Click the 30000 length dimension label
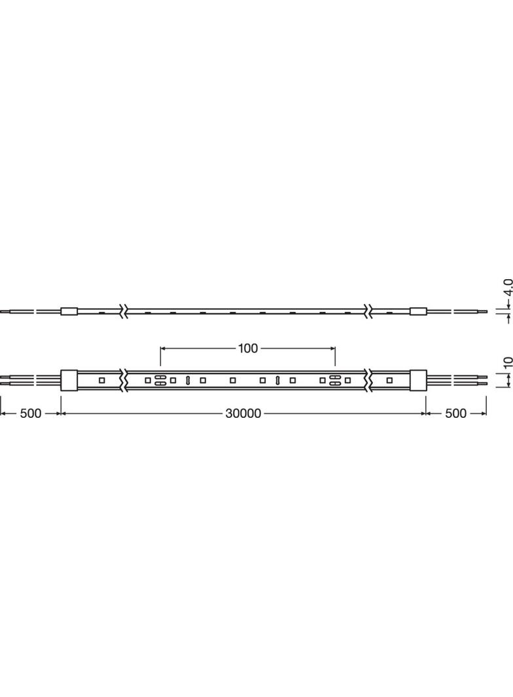coord(243,413)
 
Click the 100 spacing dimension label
coord(248,348)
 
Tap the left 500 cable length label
coord(30,413)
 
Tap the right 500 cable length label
coord(455,413)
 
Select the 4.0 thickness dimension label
coord(507,288)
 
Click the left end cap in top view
coord(69,380)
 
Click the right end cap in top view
coord(418,380)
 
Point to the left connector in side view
coord(69,311)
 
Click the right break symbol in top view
coord(370,380)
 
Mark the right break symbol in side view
coord(370,311)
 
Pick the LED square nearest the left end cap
coord(101,380)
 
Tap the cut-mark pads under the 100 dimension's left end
coord(159,380)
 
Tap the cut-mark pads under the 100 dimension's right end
coord(334,380)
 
